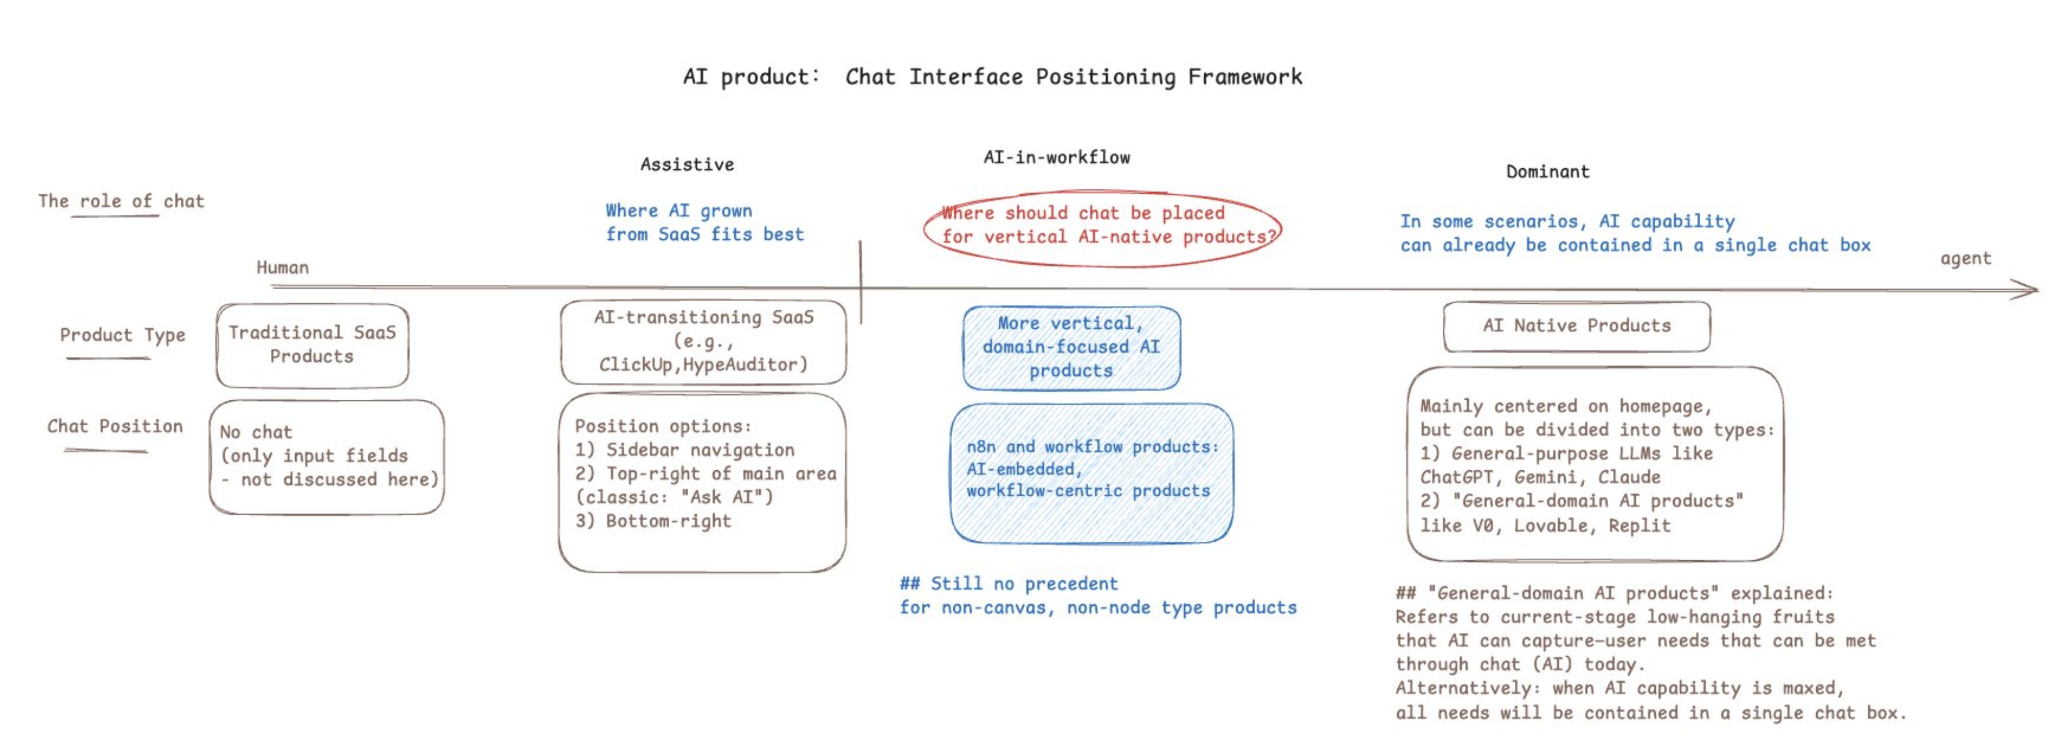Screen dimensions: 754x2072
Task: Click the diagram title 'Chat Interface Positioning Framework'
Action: tap(1073, 77)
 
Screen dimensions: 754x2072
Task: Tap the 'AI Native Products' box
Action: tap(1576, 326)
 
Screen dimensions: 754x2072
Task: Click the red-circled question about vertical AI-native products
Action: tap(1103, 225)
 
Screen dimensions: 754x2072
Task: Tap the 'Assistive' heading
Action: tap(687, 165)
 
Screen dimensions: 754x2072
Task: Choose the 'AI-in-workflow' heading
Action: tap(1056, 158)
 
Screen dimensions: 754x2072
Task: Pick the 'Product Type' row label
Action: tap(122, 335)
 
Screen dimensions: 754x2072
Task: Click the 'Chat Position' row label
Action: tap(115, 426)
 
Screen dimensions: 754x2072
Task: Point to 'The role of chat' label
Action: tap(120, 201)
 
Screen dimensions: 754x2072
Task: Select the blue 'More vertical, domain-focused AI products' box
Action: tap(1072, 347)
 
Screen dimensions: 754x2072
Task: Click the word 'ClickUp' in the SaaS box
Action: tap(635, 365)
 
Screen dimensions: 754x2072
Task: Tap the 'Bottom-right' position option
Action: tap(668, 521)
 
